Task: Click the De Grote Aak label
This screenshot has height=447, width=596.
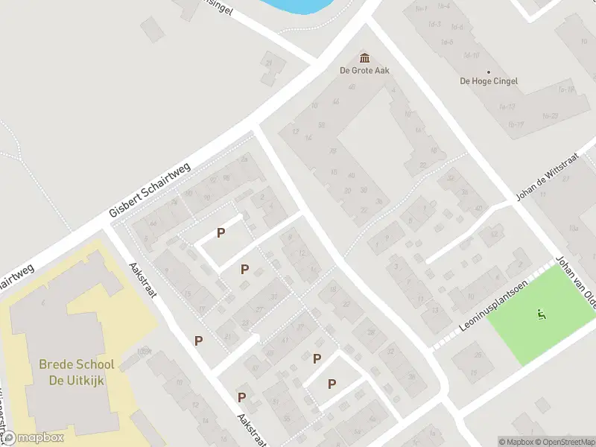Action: coord(364,71)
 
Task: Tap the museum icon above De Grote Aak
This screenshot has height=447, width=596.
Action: coord(364,58)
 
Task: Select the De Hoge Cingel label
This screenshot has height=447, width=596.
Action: coord(491,80)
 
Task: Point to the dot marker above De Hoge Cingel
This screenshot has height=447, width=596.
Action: coord(491,71)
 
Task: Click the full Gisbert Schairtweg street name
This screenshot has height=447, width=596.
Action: coord(150,190)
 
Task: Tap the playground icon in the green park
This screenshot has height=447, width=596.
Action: coord(541,314)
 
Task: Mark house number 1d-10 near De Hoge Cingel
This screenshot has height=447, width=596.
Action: coord(470,55)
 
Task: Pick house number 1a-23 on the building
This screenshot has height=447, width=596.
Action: coord(551,115)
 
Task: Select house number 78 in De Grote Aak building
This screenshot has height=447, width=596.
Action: coord(332,151)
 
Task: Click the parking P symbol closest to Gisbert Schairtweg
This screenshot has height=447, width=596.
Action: coord(221,233)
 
